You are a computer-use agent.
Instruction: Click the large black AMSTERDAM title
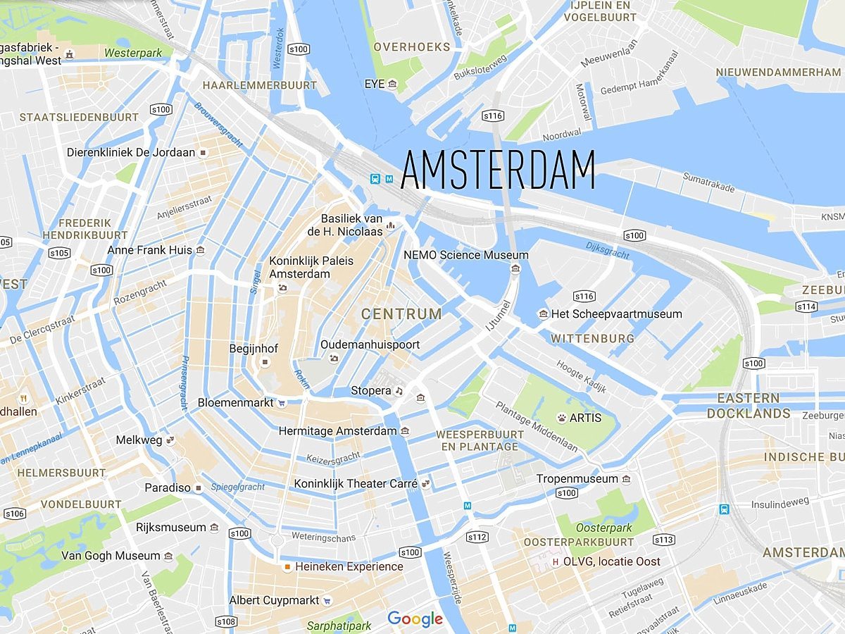[x=498, y=170]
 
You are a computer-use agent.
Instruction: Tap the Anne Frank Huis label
[x=149, y=250]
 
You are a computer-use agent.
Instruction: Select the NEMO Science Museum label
[x=465, y=255]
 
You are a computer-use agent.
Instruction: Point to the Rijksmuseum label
[x=171, y=527]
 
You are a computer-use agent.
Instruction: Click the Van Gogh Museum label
[x=111, y=556]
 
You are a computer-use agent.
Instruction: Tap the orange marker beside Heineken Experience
[x=287, y=566]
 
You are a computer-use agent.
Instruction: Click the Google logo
[x=415, y=619]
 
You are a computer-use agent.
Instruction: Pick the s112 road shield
[x=477, y=537]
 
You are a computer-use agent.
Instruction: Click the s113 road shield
[x=663, y=540]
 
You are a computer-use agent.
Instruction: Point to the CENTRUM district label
[x=401, y=314]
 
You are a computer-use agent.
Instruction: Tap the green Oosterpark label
[x=603, y=528]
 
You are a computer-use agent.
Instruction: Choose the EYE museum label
[x=375, y=84]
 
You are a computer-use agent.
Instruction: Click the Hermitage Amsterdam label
[x=337, y=430]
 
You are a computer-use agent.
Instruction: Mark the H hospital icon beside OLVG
[x=556, y=561]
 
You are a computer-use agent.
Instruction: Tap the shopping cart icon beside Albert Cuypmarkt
[x=327, y=601]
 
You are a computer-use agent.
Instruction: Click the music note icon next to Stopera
[x=399, y=391]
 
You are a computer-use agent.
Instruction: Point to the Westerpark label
[x=133, y=53]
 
